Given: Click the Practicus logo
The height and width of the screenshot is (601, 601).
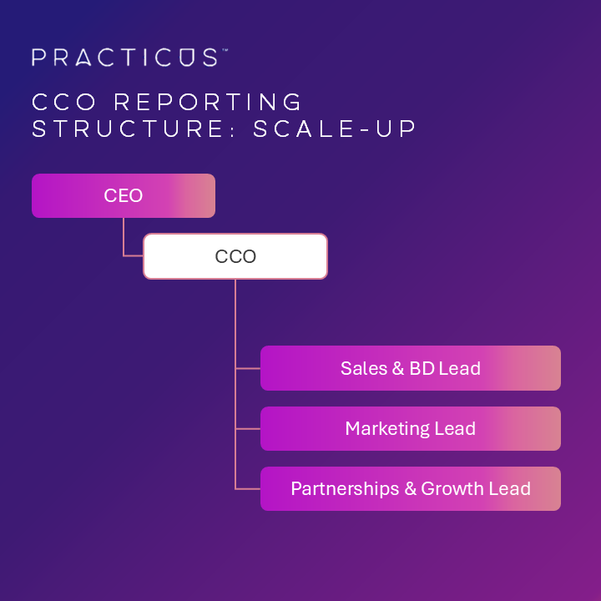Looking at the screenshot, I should pyautogui.click(x=125, y=58).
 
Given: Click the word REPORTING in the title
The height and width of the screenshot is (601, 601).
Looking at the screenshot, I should pyautogui.click(x=208, y=102).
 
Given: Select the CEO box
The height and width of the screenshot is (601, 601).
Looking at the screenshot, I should pyautogui.click(x=124, y=196).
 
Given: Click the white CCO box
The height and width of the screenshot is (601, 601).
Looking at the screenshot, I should pyautogui.click(x=235, y=256).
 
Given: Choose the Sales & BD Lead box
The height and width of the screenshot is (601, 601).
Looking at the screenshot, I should pyautogui.click(x=410, y=368).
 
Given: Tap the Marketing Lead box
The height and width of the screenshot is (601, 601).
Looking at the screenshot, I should pyautogui.click(x=410, y=429).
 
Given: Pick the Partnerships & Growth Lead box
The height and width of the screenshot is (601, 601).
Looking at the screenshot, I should pyautogui.click(x=410, y=488).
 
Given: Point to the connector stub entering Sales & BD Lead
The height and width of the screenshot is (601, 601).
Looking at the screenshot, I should pyautogui.click(x=248, y=368).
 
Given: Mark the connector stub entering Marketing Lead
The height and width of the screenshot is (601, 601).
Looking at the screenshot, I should pyautogui.click(x=248, y=429).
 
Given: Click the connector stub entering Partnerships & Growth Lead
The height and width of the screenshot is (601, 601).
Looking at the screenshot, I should pyautogui.click(x=248, y=488).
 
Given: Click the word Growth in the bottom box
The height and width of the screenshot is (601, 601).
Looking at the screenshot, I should pyautogui.click(x=452, y=488).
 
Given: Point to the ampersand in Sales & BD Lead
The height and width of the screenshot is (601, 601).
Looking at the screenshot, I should pyautogui.click(x=397, y=368).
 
